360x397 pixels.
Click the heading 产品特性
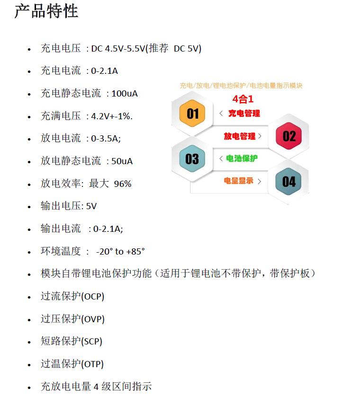pyautogui.click(x=46, y=11)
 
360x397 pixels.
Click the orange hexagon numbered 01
pyautogui.click(x=192, y=114)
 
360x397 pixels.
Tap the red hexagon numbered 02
pyautogui.click(x=289, y=136)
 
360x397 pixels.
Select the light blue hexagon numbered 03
pyautogui.click(x=192, y=159)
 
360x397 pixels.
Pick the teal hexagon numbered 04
pyautogui.click(x=289, y=181)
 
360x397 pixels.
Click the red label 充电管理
pyautogui.click(x=244, y=114)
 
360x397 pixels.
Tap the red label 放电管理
pyautogui.click(x=240, y=136)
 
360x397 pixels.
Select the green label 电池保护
pyautogui.click(x=242, y=159)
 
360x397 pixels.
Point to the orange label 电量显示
pyautogui.click(x=239, y=181)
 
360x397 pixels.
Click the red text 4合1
pyautogui.click(x=243, y=99)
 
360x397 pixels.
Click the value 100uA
pyautogui.click(x=125, y=94)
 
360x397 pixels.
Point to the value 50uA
pyautogui.click(x=122, y=161)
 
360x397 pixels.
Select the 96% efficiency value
pyautogui.click(x=123, y=184)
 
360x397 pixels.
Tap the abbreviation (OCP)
pyautogui.click(x=93, y=297)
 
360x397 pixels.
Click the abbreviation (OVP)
pyautogui.click(x=93, y=319)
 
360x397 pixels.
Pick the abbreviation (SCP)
pyautogui.click(x=92, y=342)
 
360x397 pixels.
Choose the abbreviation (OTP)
pyautogui.click(x=92, y=364)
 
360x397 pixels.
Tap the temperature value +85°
pyautogui.click(x=135, y=252)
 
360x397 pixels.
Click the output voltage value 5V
pyautogui.click(x=91, y=206)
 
